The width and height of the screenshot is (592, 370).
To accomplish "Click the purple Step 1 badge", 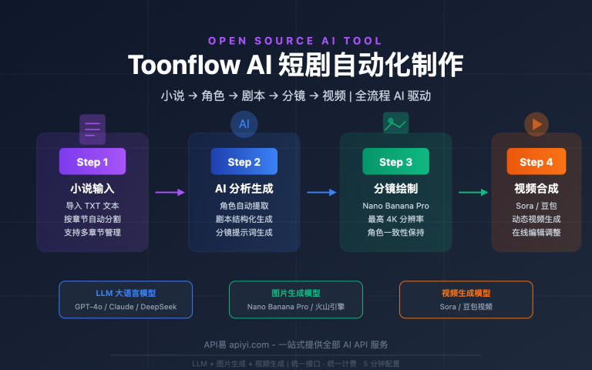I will pos(92,162).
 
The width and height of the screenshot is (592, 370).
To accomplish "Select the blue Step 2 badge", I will pos(244,162).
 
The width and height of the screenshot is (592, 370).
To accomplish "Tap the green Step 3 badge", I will pos(395,162).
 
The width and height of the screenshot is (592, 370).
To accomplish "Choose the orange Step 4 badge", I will pos(536,162).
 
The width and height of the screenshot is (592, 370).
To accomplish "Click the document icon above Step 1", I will pos(92,129).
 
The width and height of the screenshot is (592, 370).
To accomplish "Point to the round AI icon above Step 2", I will pos(244,124).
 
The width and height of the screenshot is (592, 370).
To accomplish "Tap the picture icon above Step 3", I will pos(395,123).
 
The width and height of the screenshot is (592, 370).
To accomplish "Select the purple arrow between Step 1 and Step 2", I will pos(170,192).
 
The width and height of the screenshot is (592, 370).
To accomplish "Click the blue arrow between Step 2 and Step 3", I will pos(321,192).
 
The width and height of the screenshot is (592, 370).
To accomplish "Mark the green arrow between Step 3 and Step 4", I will pos(473,192).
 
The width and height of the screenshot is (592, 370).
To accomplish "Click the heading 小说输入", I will pos(92,188).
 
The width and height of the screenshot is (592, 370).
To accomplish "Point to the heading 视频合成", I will pos(536,188).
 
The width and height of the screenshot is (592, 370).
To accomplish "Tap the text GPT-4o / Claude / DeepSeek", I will pos(126,307).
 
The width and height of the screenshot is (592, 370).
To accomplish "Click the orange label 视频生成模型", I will pos(466,293).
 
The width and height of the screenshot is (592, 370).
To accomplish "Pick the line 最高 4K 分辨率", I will pos(395,219).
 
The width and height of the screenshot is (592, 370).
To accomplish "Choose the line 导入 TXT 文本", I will pos(92,206).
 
